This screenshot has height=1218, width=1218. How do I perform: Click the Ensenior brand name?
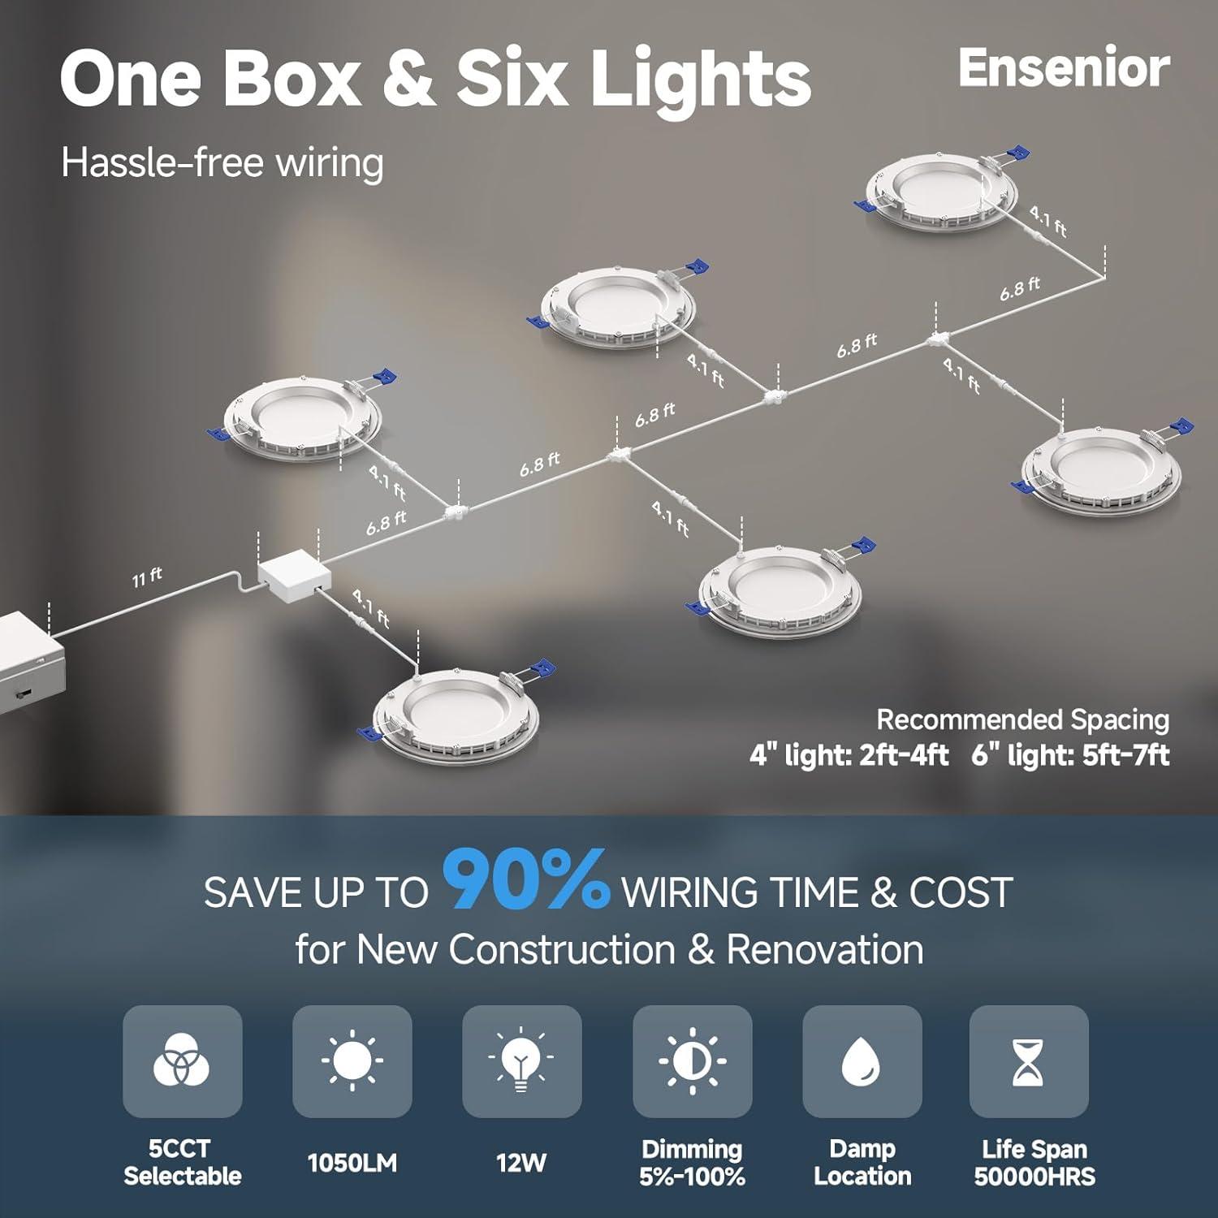(x=1064, y=68)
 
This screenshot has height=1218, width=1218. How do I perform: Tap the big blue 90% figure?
(x=526, y=879)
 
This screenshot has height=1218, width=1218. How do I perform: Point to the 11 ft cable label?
(x=148, y=577)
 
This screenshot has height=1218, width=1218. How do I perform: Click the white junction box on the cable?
(x=295, y=577)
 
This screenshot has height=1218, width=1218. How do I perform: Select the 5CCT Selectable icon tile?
(x=182, y=1061)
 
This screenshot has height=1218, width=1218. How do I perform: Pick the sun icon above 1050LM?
(x=352, y=1060)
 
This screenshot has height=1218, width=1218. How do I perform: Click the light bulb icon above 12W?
(x=521, y=1059)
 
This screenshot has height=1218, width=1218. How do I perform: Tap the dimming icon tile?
(x=693, y=1061)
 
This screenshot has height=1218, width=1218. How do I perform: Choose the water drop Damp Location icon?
(x=862, y=1061)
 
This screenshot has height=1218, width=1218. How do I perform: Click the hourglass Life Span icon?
(x=1028, y=1061)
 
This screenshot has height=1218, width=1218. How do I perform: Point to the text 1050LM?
(x=352, y=1163)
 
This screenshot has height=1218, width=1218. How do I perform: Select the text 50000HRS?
(x=1034, y=1177)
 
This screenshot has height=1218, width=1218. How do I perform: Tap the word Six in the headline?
(x=510, y=78)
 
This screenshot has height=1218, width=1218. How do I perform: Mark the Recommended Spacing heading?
(x=1023, y=719)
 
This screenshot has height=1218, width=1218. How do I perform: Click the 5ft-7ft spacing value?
(x=1125, y=756)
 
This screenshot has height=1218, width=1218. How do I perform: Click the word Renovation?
(x=825, y=949)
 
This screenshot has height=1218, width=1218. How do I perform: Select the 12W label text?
(x=521, y=1163)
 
